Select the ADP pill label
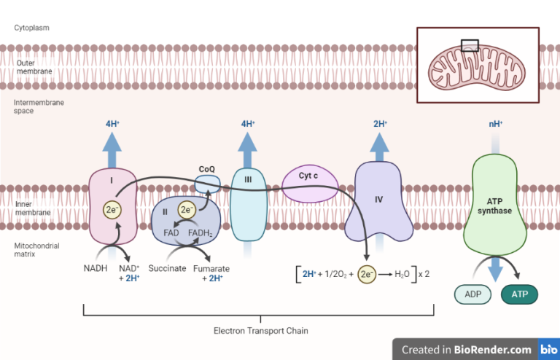pyautogui.click(x=473, y=294)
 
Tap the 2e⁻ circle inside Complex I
pyautogui.click(x=112, y=211)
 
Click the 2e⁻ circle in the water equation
pyautogui.click(x=367, y=274)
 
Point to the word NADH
pyautogui.click(x=96, y=268)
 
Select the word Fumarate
pyautogui.click(x=216, y=268)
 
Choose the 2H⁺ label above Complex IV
pyautogui.click(x=379, y=124)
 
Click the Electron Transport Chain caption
pyautogui.click(x=260, y=331)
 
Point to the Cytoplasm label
pyautogui.click(x=31, y=28)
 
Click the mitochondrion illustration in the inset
pyautogui.click(x=477, y=66)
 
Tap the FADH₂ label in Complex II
pyautogui.click(x=200, y=233)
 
